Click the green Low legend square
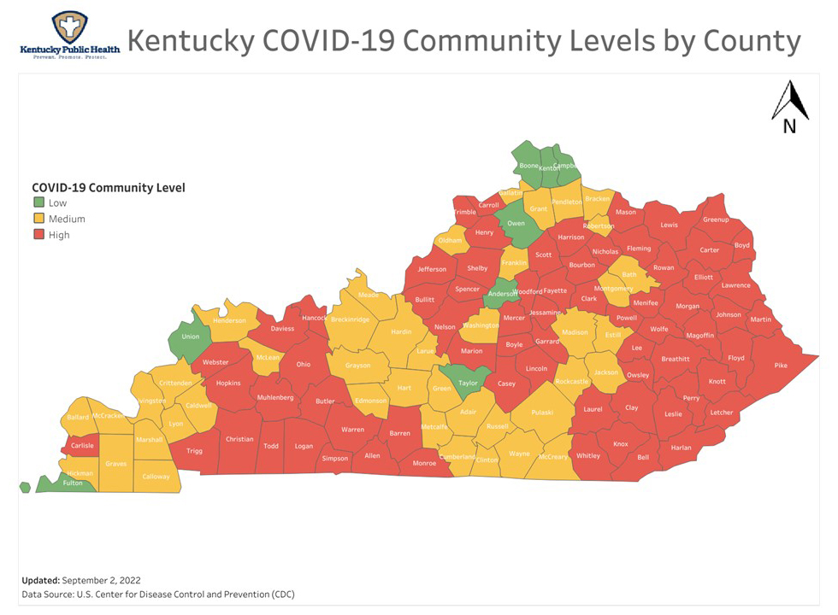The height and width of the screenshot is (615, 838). point(38,202)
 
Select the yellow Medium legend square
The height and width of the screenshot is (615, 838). point(38,219)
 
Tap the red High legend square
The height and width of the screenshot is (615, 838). point(38,235)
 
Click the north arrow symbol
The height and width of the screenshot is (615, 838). point(790,108)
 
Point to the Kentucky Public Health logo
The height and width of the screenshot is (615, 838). point(69,34)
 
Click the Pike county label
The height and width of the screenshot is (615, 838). point(780,366)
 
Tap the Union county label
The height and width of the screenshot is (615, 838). point(190,337)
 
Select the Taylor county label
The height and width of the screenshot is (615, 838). point(467,384)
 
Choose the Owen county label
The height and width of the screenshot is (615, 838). point(516,224)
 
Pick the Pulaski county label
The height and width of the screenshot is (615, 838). point(542,413)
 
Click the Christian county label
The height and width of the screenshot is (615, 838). point(239,439)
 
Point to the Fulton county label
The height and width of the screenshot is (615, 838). point(74,483)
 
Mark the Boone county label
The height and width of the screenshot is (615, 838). point(529,166)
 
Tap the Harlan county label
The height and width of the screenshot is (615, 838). point(681,448)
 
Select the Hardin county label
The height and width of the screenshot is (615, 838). point(401,332)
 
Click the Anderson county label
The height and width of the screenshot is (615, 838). point(502,294)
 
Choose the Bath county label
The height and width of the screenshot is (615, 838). point(629,275)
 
